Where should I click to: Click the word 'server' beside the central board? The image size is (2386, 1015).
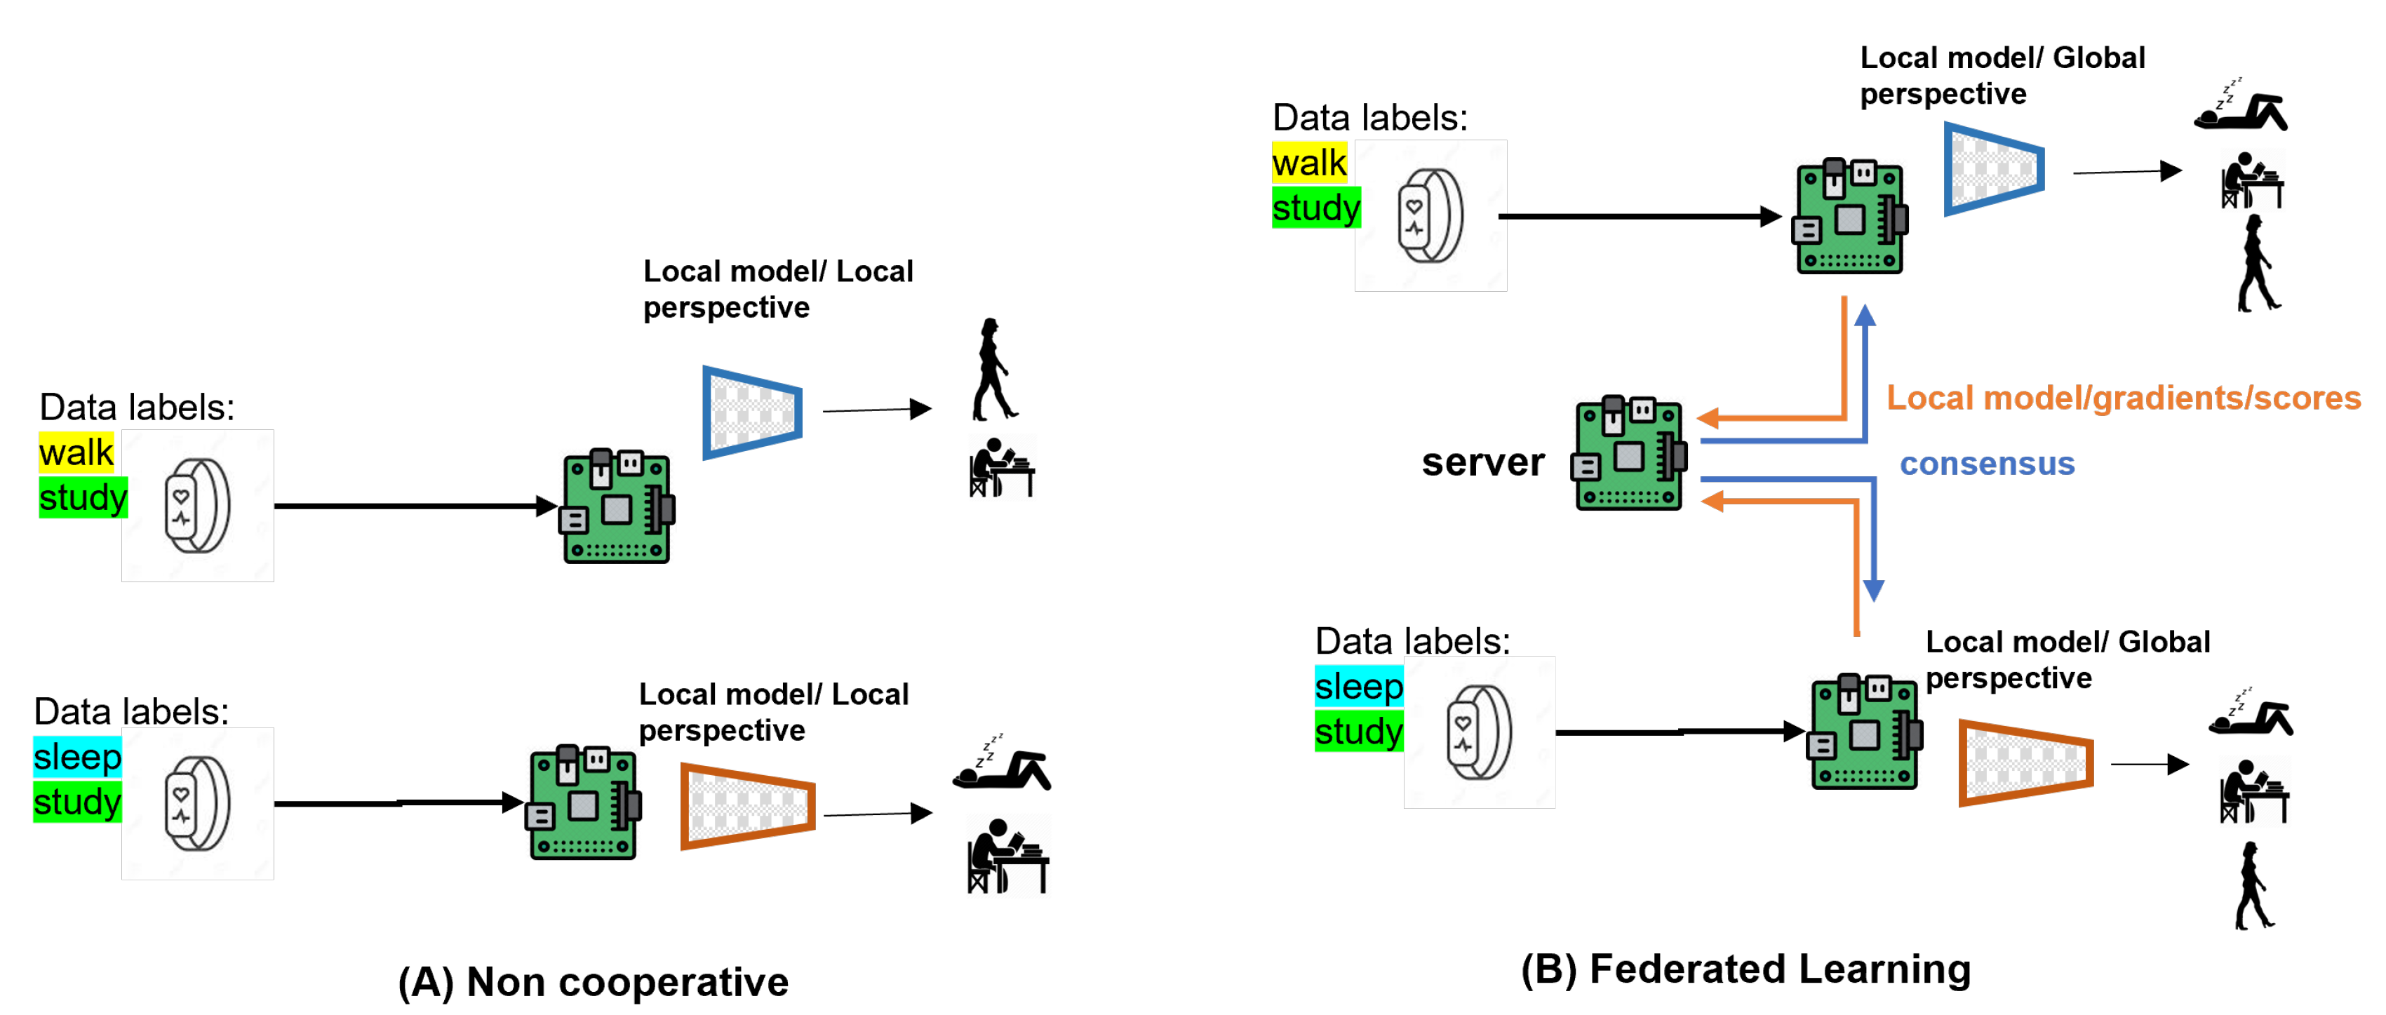(x=1483, y=462)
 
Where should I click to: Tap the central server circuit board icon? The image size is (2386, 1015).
(x=1629, y=454)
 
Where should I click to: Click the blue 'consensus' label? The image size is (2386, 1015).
(x=1987, y=463)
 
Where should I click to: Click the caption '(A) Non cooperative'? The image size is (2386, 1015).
(x=593, y=981)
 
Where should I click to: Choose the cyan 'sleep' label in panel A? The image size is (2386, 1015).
(x=77, y=757)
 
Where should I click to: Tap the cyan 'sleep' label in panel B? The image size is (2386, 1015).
(x=1358, y=686)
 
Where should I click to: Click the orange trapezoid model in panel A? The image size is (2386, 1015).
(x=747, y=806)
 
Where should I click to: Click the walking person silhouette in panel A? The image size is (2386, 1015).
(x=993, y=370)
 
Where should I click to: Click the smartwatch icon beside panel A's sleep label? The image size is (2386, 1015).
(x=197, y=804)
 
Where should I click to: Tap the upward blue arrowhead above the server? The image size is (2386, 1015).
(x=1865, y=317)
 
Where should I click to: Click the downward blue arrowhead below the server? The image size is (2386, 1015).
(x=1874, y=590)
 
